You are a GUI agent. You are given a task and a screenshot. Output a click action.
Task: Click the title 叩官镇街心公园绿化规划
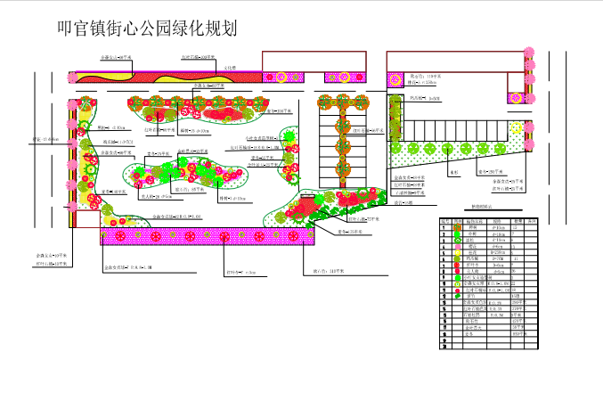tap(146, 29)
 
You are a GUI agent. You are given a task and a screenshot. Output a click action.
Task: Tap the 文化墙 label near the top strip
tap(229, 67)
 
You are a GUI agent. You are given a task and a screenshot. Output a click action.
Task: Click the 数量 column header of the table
tap(516, 220)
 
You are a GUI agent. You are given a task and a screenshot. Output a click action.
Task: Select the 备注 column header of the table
tap(532, 220)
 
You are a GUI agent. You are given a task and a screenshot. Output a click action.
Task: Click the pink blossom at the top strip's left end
tap(74, 76)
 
